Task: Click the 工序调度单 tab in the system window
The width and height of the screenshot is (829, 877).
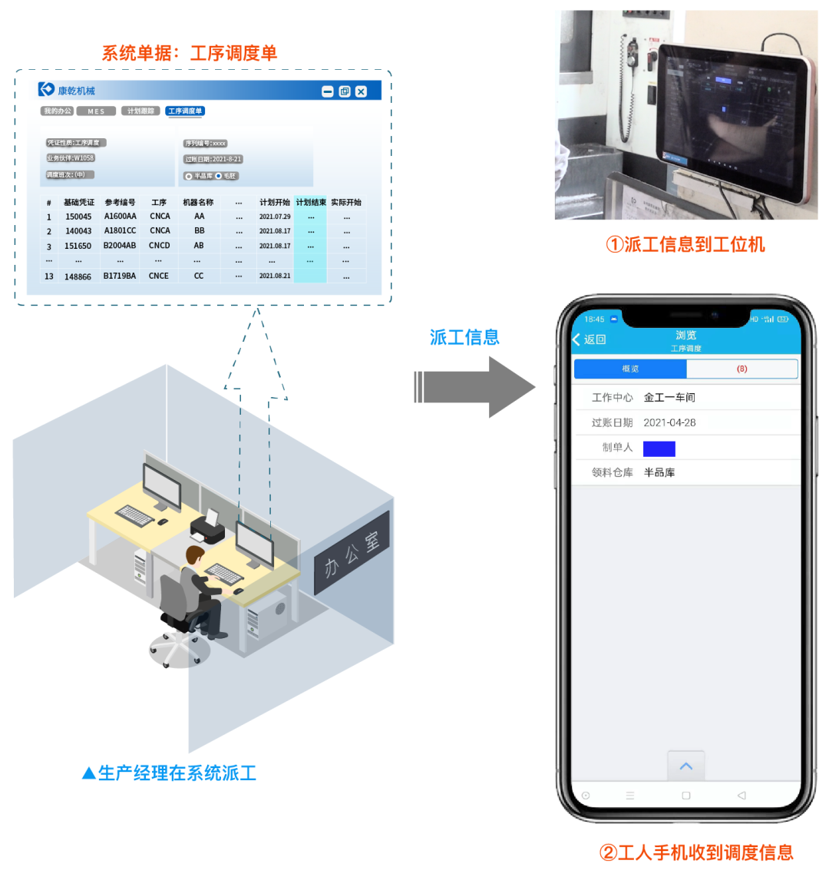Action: [185, 111]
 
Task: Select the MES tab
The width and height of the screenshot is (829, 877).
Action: [96, 111]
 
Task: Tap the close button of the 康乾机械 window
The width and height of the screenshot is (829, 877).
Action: [361, 91]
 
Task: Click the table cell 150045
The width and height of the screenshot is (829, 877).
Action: [78, 217]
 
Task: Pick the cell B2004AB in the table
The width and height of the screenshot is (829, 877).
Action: [120, 246]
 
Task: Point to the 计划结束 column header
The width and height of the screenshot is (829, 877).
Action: [310, 203]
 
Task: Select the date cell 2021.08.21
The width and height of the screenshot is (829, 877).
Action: [275, 276]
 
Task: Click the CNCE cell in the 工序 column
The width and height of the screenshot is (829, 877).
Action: [159, 276]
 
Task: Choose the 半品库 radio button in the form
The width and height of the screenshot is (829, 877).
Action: [189, 177]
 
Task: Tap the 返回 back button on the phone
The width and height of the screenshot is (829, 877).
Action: [590, 339]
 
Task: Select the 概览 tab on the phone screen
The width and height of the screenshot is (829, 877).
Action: [630, 369]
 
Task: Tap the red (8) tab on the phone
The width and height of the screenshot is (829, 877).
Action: [741, 369]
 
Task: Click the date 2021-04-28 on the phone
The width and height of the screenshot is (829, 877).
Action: [669, 422]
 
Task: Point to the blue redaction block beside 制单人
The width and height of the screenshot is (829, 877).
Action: [659, 448]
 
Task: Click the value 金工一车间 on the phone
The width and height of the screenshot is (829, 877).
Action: [669, 397]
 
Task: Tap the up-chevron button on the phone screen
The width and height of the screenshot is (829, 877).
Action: [686, 766]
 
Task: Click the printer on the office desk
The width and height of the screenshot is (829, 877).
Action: [206, 527]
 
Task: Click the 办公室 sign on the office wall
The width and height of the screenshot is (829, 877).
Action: [352, 552]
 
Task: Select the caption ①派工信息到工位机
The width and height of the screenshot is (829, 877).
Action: [685, 244]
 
